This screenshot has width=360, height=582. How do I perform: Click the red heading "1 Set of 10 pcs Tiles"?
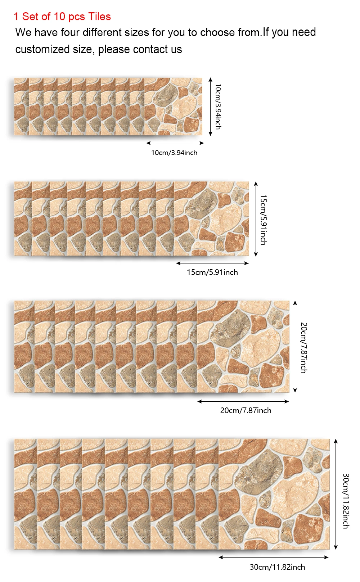tap(62, 17)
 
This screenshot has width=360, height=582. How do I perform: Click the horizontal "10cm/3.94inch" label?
tap(174, 153)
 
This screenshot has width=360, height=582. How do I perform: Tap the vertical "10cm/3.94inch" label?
tap(218, 107)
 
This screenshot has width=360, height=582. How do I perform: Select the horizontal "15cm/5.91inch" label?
tap(212, 272)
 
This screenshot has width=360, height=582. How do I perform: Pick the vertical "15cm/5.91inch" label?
tap(264, 220)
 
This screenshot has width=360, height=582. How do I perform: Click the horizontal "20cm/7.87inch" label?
tap(246, 410)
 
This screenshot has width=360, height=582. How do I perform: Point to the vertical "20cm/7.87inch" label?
tap(304, 348)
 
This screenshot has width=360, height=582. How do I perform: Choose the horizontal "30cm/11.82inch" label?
tap(277, 567)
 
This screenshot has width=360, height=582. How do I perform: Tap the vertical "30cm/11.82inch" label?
tap(346, 501)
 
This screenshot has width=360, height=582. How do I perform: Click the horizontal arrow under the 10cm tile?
tap(175, 143)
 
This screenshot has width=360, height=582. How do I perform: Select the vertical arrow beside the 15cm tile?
tap(256, 219)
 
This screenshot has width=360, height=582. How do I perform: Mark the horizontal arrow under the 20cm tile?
tap(243, 401)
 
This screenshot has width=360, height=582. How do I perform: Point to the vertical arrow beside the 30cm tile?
tap(336, 494)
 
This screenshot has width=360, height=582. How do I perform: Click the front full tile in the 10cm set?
tap(174, 107)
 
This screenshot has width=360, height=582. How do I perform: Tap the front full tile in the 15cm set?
tap(212, 219)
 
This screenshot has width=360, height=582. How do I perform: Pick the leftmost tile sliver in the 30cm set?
tap(25, 494)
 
